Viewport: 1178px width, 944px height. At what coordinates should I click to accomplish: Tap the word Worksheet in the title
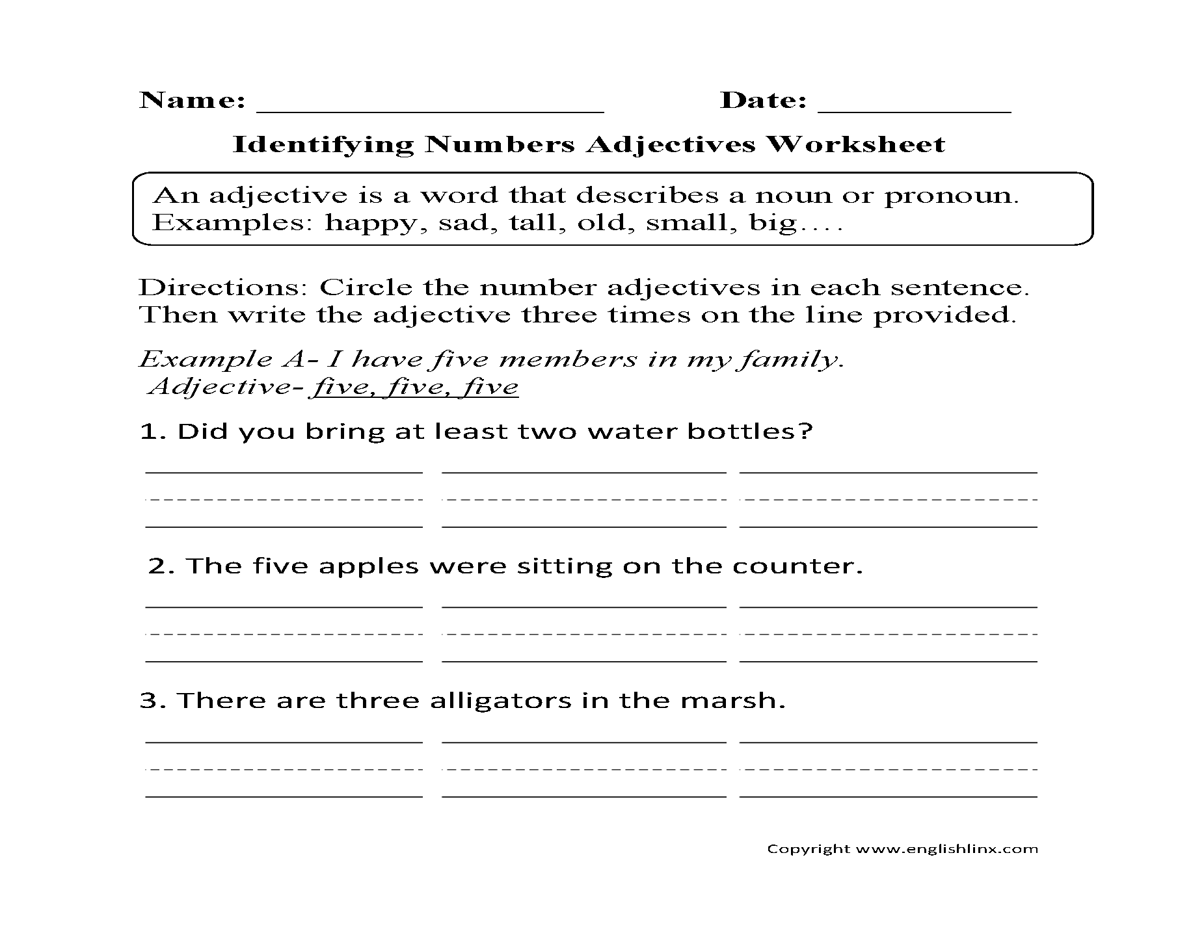[855, 144]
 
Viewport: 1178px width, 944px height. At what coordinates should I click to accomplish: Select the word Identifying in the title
[323, 144]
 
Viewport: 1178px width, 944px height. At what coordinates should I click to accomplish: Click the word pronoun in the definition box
[950, 196]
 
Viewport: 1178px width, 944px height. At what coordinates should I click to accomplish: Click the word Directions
[224, 287]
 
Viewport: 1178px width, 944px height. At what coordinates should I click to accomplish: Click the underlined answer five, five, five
[415, 387]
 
